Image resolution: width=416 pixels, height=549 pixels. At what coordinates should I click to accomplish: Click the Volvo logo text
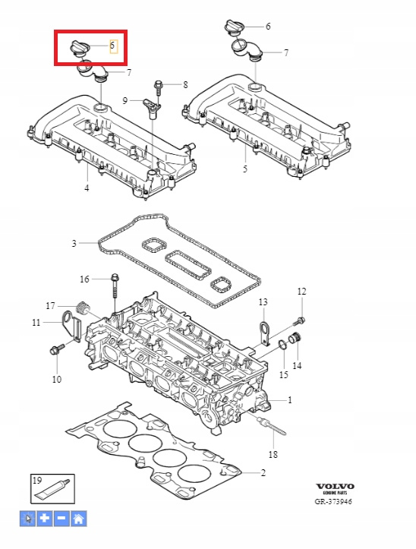(335, 486)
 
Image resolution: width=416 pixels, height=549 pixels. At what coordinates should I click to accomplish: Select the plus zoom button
(45, 518)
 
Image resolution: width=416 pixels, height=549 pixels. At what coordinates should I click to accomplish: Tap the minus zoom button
(61, 518)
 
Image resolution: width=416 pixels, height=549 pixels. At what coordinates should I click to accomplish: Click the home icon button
(78, 518)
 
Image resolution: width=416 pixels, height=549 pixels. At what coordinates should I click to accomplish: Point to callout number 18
(273, 455)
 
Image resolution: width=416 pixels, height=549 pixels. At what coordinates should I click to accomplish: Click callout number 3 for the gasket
(74, 243)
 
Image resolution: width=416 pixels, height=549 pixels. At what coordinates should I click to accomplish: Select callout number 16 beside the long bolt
(85, 279)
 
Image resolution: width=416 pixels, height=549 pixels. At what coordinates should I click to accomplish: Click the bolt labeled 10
(58, 349)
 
